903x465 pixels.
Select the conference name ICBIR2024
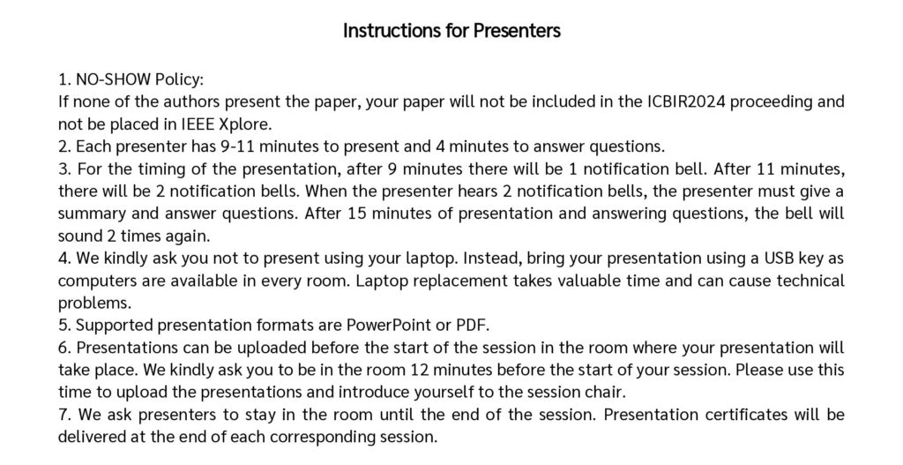[686, 101]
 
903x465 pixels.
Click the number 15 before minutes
[357, 214]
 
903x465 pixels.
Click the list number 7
[63, 415]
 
